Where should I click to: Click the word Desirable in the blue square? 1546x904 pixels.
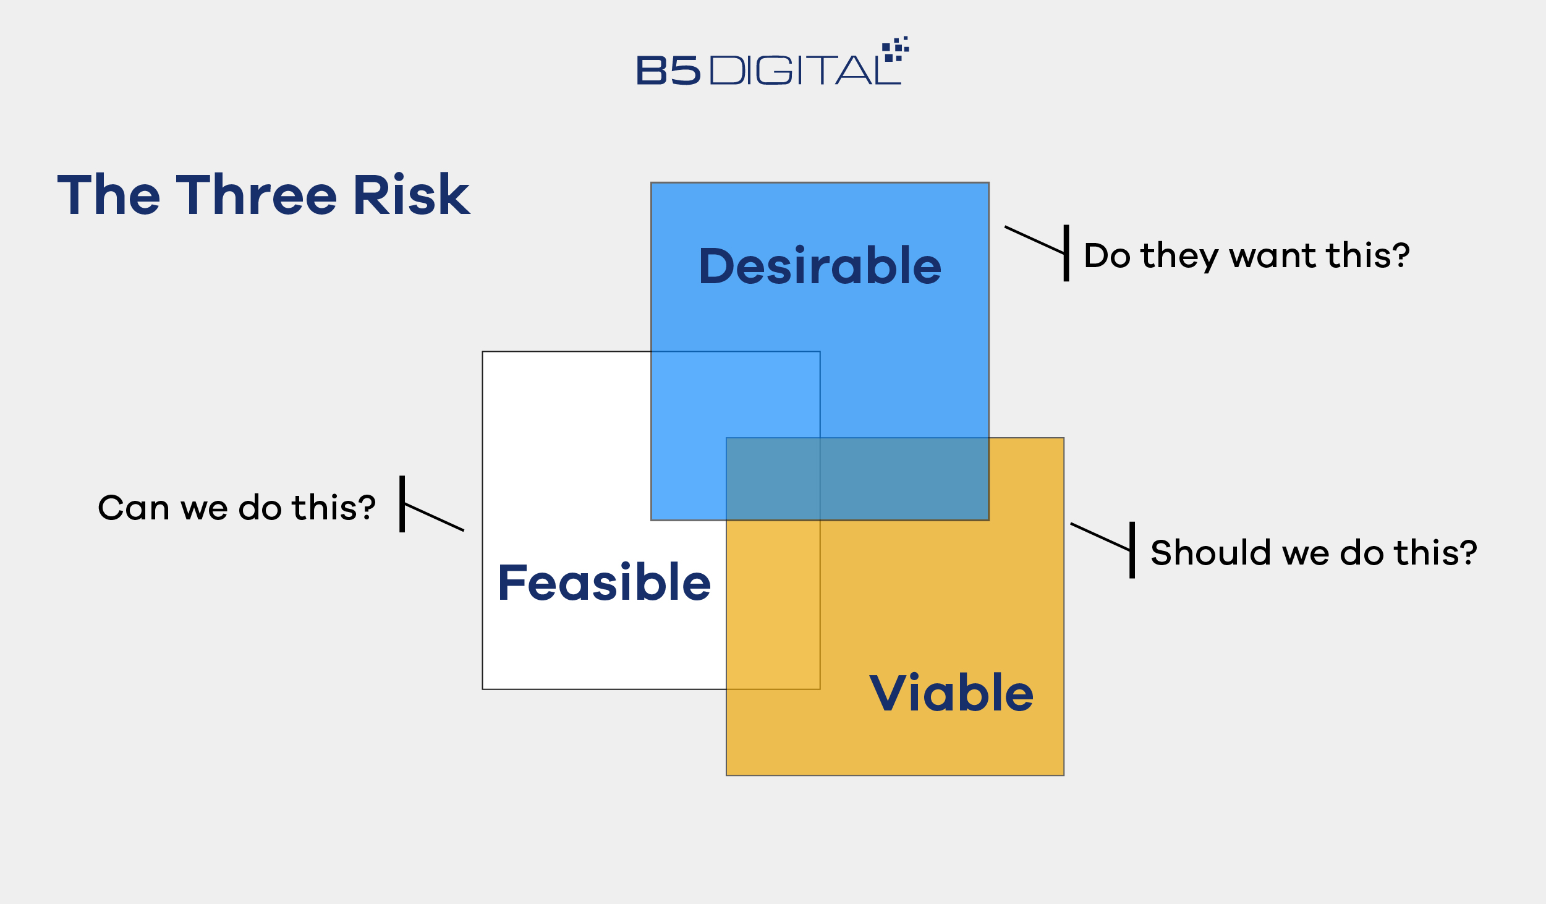(820, 265)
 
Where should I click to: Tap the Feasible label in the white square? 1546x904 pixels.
(605, 582)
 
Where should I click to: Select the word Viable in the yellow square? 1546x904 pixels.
(951, 693)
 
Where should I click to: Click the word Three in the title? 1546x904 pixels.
(257, 195)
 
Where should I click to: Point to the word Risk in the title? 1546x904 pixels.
(412, 195)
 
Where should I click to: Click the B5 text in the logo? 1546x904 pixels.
(669, 70)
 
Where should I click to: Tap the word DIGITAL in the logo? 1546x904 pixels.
(805, 70)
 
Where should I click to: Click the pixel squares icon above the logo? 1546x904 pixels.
(895, 49)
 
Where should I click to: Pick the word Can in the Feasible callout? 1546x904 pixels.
(134, 508)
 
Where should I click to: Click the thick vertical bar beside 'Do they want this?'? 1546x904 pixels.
(1066, 253)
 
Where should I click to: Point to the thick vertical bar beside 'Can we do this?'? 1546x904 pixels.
(402, 504)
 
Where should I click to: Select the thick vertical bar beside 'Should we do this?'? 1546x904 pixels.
(1132, 550)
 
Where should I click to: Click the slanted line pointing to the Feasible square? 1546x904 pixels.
(434, 518)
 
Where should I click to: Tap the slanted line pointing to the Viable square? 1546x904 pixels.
(1100, 537)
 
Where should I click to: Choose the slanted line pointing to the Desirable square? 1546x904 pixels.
(1035, 240)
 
